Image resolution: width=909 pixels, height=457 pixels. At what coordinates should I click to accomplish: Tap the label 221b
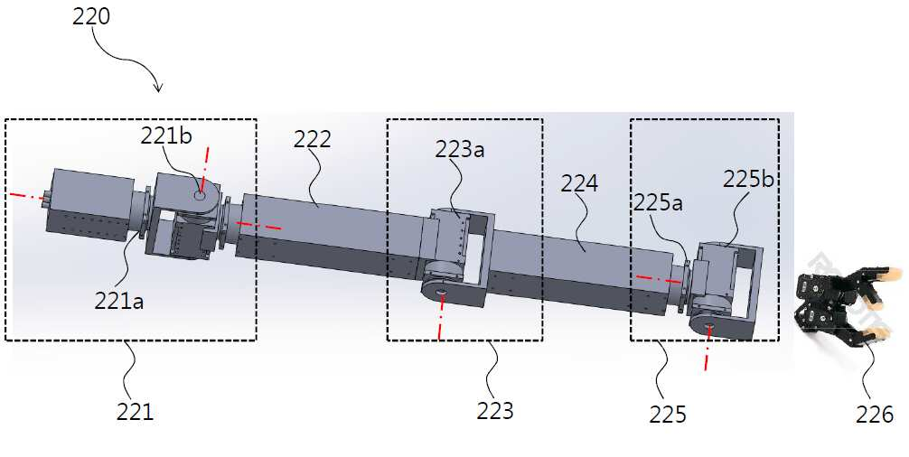pyautogui.click(x=166, y=135)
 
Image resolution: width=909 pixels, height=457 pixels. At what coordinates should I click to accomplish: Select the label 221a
pyautogui.click(x=119, y=301)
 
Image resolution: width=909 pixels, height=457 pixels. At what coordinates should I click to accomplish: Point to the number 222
pyautogui.click(x=312, y=139)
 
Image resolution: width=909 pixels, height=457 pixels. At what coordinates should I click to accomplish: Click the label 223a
pyautogui.click(x=460, y=149)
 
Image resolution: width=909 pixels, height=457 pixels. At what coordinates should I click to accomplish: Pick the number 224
pyautogui.click(x=579, y=183)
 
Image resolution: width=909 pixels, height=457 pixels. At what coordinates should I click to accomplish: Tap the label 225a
pyautogui.click(x=658, y=202)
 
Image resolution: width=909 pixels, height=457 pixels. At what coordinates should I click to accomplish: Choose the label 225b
pyautogui.click(x=748, y=179)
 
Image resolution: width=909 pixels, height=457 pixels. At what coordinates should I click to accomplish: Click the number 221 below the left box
pyautogui.click(x=135, y=412)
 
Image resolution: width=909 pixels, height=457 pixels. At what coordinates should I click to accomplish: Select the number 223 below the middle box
pyautogui.click(x=495, y=411)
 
